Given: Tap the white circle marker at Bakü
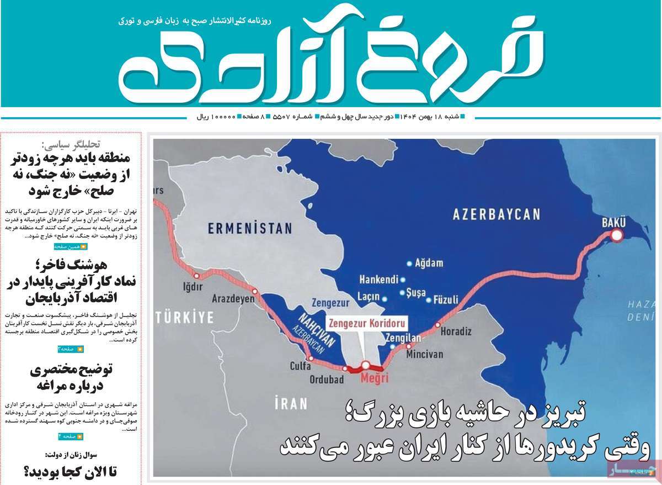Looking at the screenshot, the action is tap(616, 236).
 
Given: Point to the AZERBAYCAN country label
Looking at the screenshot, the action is tap(496, 214).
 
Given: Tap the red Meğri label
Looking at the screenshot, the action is tap(373, 379).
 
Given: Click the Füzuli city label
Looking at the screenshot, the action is tap(446, 300).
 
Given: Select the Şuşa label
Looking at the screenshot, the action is tap(420, 291).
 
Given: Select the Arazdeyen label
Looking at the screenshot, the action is tap(233, 299).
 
